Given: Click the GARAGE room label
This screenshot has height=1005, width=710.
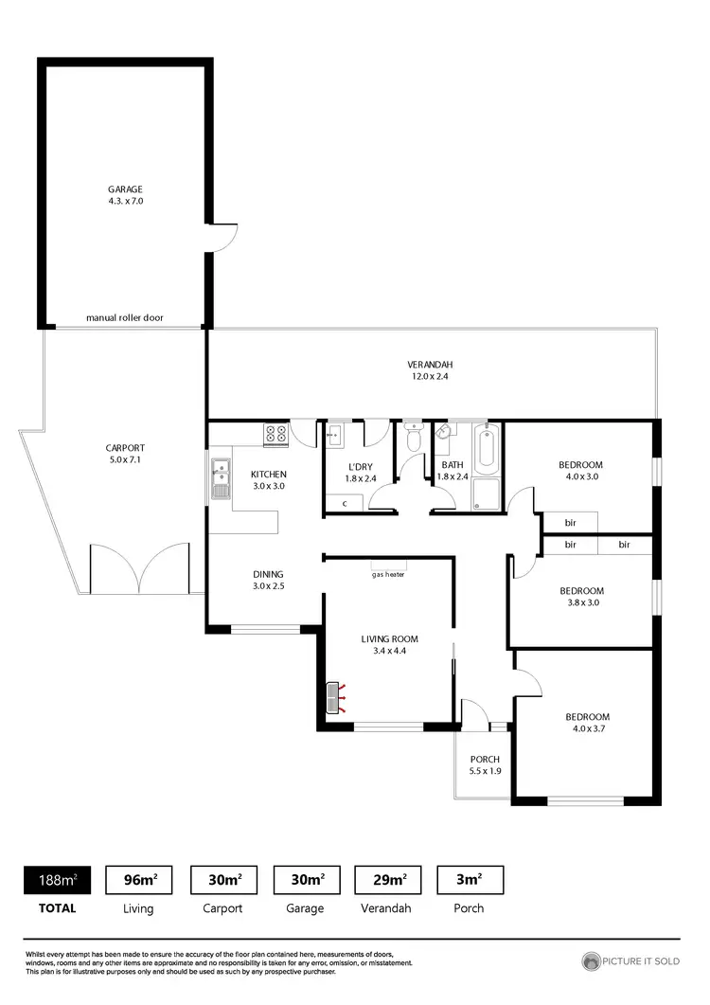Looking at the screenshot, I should click(x=125, y=189).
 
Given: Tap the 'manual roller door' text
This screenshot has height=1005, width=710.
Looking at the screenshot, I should click(x=125, y=318).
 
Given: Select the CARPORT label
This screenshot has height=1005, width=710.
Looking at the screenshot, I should click(x=125, y=448).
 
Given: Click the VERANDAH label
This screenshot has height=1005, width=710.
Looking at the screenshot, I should click(x=430, y=365).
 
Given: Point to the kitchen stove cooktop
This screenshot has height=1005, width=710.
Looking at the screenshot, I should click(x=275, y=435).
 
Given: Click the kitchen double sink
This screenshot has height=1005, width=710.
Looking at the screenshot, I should click(x=221, y=477).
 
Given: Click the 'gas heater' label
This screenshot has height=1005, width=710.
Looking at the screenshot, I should click(x=388, y=574).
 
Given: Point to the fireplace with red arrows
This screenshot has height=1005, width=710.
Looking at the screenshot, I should click(x=334, y=697).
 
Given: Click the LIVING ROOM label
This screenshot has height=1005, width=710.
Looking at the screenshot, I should click(x=389, y=639).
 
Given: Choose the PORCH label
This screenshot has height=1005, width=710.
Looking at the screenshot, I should click(x=484, y=760).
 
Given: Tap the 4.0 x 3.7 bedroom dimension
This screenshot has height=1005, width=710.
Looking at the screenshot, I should click(x=587, y=729).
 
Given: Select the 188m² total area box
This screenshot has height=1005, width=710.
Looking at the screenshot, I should click(x=58, y=880).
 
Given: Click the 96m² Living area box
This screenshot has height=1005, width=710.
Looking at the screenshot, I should click(x=139, y=880).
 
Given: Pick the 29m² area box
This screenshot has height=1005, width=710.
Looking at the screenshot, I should click(x=387, y=880).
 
